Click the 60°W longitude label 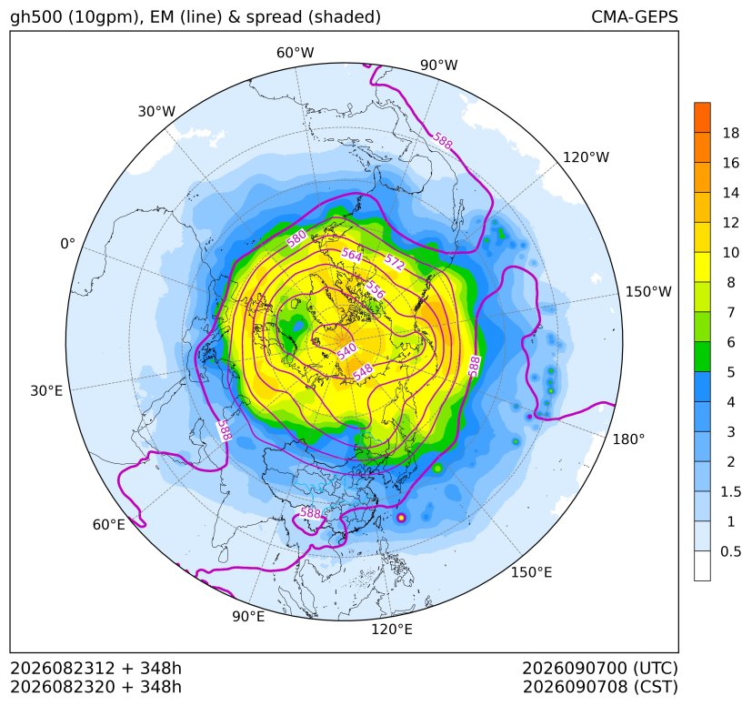coord(295,53)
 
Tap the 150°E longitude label coord(531,572)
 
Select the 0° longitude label coord(67,244)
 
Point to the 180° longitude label coord(628,439)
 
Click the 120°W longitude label coord(586,157)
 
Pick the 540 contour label coord(346,351)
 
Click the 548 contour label coord(363,372)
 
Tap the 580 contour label coord(296,238)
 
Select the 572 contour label coord(395,262)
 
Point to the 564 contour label coord(352,255)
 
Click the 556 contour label coord(375,289)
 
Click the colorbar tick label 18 coord(730,133)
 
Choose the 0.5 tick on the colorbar coord(730,551)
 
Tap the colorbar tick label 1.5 coord(730,491)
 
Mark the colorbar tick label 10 coord(730,252)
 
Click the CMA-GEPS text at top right coord(635,16)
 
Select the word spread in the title coord(273,18)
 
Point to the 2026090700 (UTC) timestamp coord(600,668)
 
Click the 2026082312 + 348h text coord(95,668)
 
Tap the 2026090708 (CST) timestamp coord(600,687)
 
